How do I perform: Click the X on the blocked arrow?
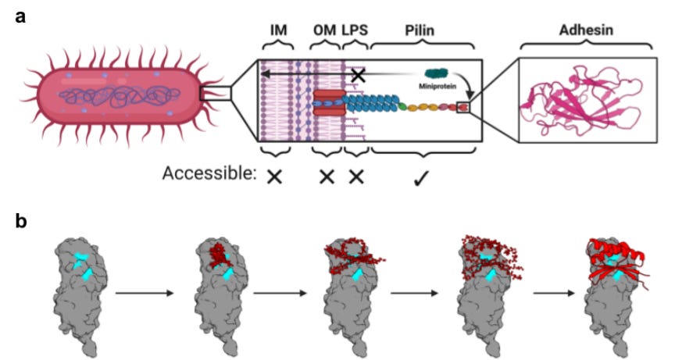(359, 75)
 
